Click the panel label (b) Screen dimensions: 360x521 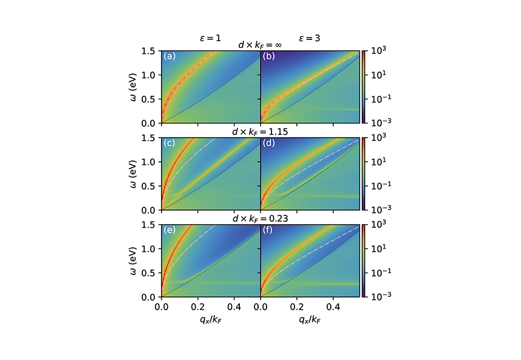pos(268,56)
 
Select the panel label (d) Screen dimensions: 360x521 pos(268,144)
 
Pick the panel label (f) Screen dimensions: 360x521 pos(267,231)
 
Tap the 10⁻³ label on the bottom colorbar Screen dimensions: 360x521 pos(377,296)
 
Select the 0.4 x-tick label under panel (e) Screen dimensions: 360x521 pos(234,307)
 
